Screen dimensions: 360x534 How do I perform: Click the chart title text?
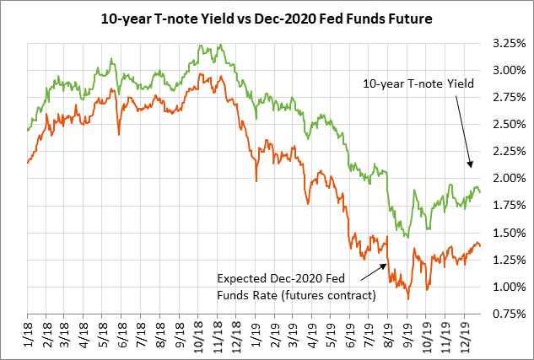(x=267, y=17)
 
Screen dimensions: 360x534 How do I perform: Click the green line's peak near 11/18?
(x=219, y=45)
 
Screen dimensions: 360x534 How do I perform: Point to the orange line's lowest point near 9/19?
(x=408, y=298)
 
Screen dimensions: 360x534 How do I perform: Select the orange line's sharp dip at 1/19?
(x=256, y=179)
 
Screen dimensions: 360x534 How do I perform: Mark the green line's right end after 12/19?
(x=481, y=192)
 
